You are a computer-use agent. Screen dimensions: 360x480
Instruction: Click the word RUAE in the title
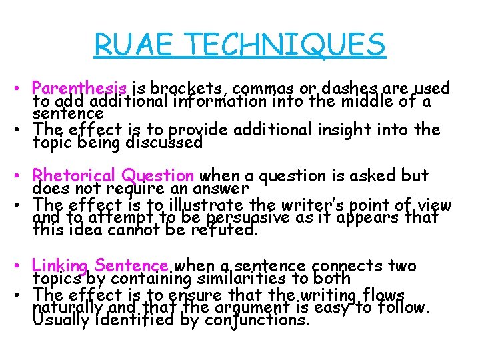137,45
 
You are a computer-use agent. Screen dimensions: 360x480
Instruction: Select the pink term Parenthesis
80,89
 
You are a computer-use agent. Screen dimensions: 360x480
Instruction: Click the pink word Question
157,176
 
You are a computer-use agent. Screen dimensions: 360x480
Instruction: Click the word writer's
311,204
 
